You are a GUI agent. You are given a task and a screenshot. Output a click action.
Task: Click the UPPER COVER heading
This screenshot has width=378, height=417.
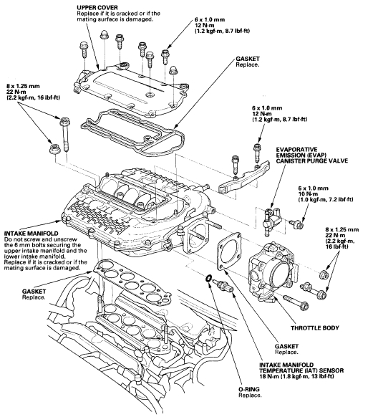click(97, 7)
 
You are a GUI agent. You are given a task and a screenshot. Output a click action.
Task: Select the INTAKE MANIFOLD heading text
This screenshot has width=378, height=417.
click(31, 234)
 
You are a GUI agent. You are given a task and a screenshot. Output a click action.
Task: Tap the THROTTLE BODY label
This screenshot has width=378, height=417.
click(315, 327)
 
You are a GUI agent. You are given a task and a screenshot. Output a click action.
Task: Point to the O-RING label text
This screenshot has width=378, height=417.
click(249, 389)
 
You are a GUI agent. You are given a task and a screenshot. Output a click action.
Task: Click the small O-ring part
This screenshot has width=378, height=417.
click(208, 278)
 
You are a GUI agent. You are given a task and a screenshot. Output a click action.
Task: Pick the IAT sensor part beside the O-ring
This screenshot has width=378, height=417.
click(224, 286)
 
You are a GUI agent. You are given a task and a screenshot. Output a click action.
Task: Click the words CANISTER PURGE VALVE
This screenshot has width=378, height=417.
click(311, 161)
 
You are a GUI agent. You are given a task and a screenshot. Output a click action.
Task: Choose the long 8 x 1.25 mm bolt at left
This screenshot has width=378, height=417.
click(64, 135)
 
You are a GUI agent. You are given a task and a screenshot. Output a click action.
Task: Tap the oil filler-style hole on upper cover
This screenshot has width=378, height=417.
click(124, 65)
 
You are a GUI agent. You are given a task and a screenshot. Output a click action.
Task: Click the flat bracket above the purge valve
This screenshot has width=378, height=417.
click(244, 176)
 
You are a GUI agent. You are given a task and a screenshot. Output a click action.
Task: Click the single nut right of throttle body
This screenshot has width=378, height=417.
click(324, 274)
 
